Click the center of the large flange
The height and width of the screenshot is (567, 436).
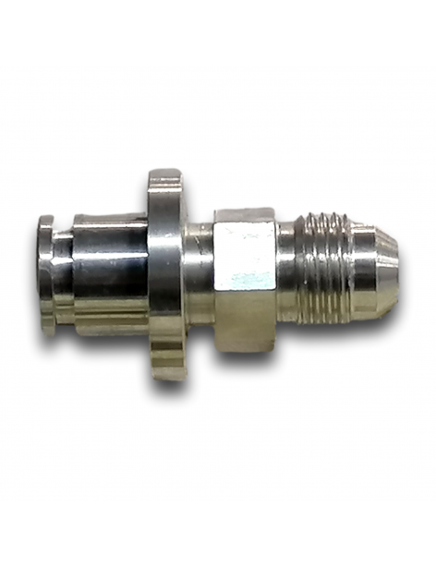[166, 273]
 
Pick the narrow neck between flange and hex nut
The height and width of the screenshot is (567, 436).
[200, 273]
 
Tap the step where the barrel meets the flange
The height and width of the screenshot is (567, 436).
[147, 275]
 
